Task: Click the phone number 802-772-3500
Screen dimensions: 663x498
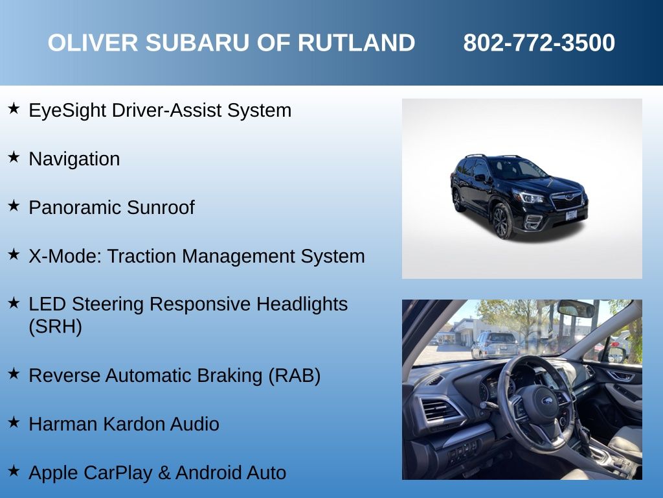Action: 539,43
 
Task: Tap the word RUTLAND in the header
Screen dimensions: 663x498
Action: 357,43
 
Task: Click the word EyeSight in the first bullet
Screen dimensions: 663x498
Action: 67,110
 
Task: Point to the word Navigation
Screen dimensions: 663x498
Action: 74,159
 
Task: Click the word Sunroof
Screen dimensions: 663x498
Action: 161,207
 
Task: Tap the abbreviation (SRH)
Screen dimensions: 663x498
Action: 56,327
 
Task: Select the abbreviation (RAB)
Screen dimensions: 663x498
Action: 295,375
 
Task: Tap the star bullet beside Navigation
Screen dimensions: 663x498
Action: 14,157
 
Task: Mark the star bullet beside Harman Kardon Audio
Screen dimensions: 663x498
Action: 14,422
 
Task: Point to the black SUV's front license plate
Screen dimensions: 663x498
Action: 571,215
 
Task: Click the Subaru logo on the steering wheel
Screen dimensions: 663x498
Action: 547,401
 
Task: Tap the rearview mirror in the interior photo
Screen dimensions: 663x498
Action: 576,309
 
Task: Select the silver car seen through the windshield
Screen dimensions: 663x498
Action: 495,344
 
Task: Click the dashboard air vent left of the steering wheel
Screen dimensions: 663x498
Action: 438,410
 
